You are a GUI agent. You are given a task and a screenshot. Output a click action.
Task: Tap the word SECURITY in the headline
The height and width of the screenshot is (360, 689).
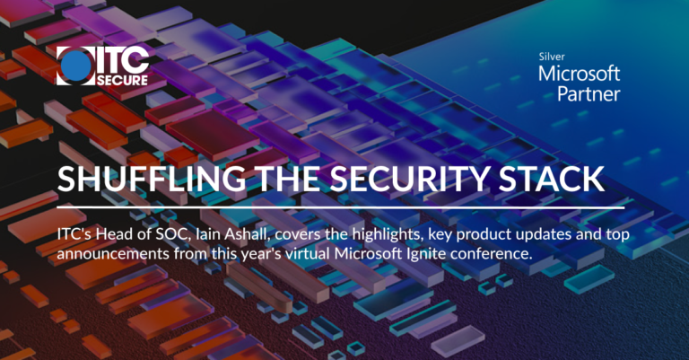[396, 179]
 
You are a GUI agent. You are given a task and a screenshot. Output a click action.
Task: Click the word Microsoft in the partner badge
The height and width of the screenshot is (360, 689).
[580, 73]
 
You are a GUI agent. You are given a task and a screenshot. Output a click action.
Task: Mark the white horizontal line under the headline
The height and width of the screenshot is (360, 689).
[340, 207]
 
